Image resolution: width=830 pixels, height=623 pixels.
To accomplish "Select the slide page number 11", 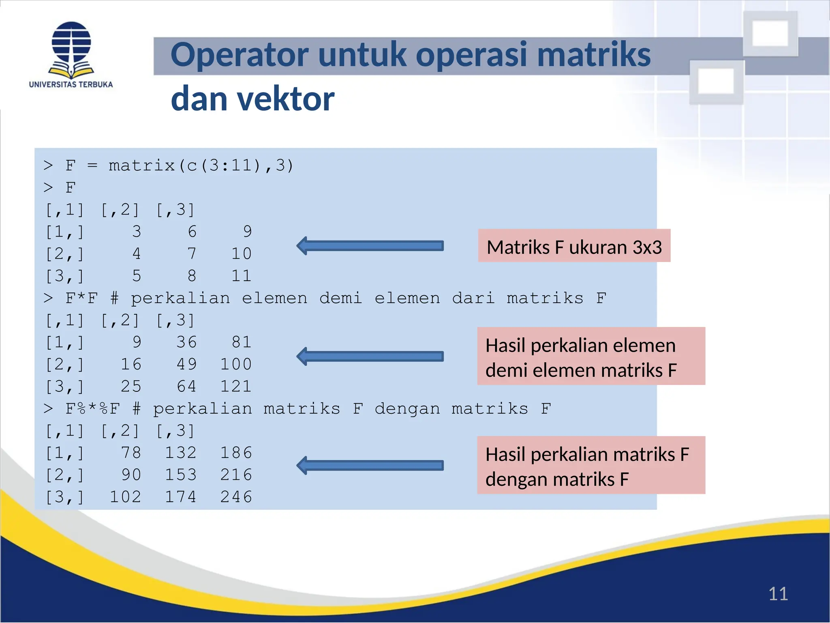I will (x=778, y=594).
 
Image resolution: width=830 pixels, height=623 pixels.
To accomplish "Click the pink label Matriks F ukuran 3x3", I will (x=574, y=247).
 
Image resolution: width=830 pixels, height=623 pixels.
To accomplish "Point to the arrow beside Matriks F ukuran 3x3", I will (x=370, y=246).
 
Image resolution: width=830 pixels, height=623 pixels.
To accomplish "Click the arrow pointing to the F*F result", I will (x=370, y=357).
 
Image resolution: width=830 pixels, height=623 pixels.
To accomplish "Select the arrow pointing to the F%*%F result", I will (x=370, y=465).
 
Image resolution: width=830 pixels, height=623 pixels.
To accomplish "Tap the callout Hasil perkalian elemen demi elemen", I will (x=591, y=357).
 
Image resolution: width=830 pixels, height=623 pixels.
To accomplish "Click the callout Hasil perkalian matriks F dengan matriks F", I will (x=591, y=466).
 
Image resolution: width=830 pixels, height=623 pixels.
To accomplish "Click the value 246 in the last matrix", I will (x=236, y=497).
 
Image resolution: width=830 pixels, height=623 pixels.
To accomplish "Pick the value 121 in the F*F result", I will (x=236, y=386).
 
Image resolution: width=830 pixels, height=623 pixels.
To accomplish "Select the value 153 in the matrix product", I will (x=181, y=475).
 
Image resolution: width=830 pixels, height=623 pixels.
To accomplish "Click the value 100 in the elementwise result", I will (x=236, y=364).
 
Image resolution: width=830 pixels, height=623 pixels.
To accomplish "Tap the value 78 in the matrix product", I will (x=131, y=453).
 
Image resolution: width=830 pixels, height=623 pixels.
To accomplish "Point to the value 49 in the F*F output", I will (x=186, y=364).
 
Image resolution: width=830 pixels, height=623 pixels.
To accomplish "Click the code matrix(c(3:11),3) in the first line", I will (x=201, y=165).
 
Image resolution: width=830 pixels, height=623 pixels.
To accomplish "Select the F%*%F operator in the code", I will (x=92, y=408).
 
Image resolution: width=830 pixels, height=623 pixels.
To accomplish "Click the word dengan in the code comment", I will (x=407, y=409).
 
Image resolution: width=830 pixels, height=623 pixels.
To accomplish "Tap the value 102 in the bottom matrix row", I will (x=125, y=497).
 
